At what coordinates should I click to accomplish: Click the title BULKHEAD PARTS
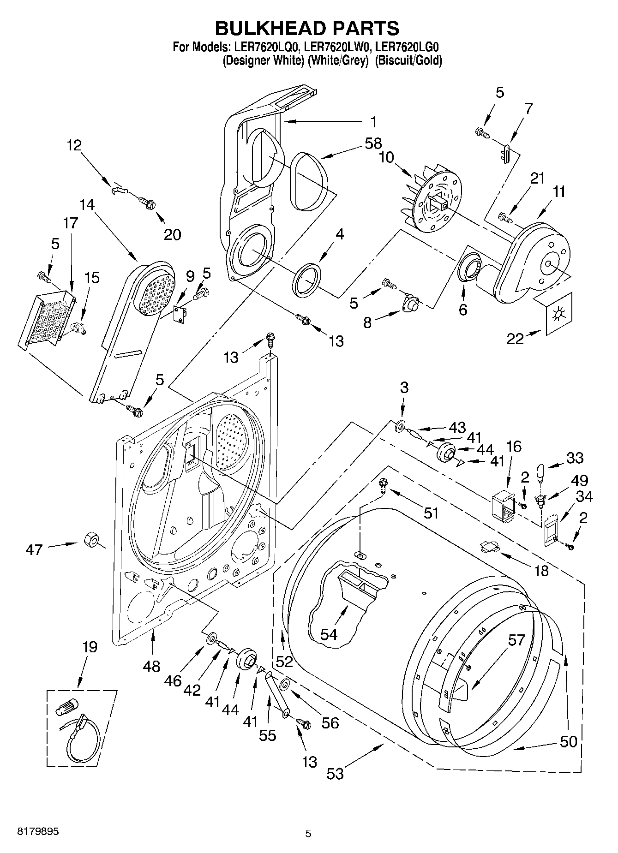click(307, 28)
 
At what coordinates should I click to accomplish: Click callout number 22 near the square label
click(515, 339)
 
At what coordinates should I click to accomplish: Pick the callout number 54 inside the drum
click(329, 634)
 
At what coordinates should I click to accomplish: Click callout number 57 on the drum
click(516, 640)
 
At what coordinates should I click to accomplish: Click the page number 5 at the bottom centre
click(308, 834)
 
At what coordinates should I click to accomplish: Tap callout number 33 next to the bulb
click(574, 458)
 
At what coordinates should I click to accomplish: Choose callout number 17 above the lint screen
click(71, 223)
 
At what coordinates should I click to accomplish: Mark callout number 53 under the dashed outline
click(336, 773)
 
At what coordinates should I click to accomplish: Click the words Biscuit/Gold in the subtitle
click(408, 60)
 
